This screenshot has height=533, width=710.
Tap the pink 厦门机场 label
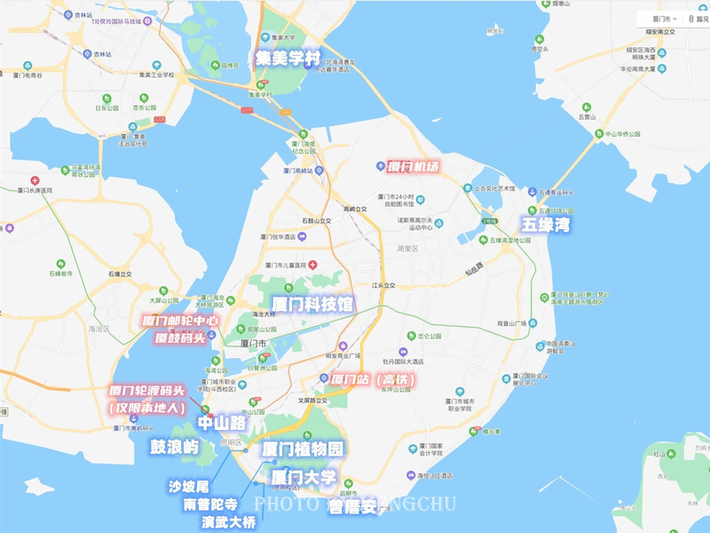[x=414, y=166]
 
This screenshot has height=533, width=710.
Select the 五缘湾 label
[x=546, y=225]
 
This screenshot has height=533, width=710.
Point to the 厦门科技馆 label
[x=312, y=304]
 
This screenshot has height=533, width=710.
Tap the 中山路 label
[x=221, y=423]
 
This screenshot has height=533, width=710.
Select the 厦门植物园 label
[x=303, y=449]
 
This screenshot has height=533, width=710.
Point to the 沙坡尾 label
[x=188, y=486]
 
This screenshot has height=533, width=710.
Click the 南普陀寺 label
[x=209, y=504]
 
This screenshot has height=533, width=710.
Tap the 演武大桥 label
[x=229, y=521]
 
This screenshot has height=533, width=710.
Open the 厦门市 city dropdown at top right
[x=659, y=18]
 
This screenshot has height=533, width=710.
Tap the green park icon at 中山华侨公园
[x=598, y=135]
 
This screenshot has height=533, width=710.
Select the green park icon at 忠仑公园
[x=410, y=337]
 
